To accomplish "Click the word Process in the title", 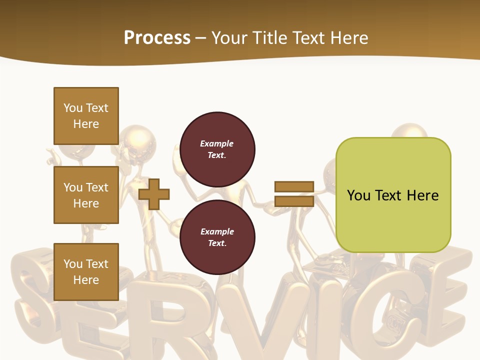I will (157, 38).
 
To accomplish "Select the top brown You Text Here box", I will (86, 116).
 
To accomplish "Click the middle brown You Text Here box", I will (86, 195).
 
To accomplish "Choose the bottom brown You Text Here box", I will (86, 271).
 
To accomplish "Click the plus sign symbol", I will (154, 193).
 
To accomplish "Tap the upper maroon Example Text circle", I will (217, 149).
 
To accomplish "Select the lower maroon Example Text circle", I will (217, 237).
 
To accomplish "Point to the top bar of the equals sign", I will (294, 186).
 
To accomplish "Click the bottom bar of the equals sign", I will (294, 201).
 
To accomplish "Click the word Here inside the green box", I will (422, 195).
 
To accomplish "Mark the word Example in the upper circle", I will (217, 143).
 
